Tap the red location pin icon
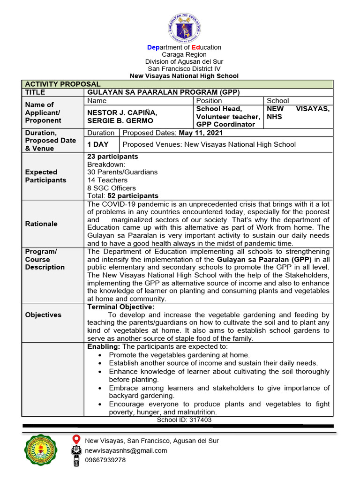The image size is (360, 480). click(76, 440)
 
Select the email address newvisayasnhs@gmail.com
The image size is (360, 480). click(126, 450)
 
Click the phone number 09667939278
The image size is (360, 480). click(105, 460)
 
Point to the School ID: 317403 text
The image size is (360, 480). click(184, 420)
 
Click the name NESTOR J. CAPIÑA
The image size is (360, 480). click(122, 112)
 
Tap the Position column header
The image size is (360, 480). click(209, 101)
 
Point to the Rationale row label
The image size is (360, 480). click(41, 224)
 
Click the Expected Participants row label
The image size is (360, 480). click(45, 176)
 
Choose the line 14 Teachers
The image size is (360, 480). click(107, 180)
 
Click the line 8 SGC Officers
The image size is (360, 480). click(112, 188)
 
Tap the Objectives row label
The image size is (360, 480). click(43, 315)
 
